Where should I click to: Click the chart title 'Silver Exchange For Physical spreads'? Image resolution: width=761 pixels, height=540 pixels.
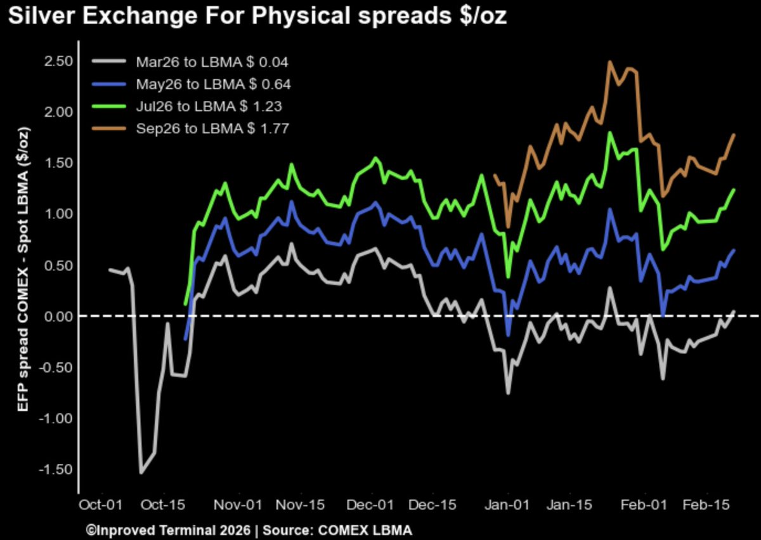(257, 17)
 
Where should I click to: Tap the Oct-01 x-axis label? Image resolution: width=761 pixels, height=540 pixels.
(100, 505)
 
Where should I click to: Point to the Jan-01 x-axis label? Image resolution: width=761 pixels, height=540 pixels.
(508, 505)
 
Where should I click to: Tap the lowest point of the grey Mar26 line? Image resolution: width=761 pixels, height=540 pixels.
(141, 473)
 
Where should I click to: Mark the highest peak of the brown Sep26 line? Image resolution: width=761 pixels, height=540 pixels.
(609, 62)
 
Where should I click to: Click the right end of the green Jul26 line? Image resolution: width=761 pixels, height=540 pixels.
(734, 190)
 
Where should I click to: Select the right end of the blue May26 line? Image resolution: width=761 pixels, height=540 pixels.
(734, 250)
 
